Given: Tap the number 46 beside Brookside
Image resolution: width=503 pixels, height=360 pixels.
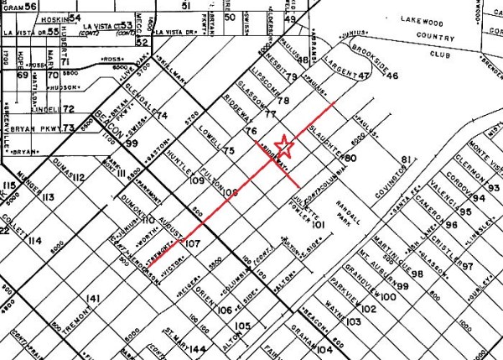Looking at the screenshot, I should pos(392,76).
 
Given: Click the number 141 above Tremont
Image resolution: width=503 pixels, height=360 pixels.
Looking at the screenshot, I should pos(94,299).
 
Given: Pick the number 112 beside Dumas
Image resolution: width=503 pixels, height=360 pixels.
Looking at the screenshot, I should pos(80,177).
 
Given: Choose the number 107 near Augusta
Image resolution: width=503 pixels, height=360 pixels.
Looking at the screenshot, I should pos(194,243).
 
